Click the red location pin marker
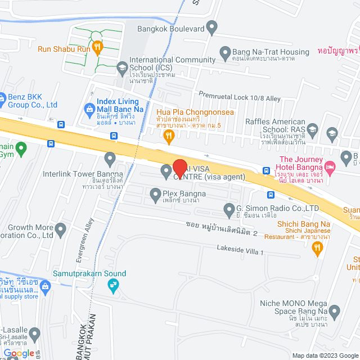click(179, 168)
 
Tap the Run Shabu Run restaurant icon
click(97, 48)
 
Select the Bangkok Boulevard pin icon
click(212, 26)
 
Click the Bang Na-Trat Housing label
click(271, 52)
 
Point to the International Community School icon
click(122, 69)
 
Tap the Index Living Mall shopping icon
click(89, 108)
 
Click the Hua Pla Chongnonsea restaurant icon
click(168, 134)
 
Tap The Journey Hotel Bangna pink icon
click(330, 166)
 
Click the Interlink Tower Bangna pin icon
click(110, 157)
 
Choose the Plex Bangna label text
click(184, 194)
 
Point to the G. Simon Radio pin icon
click(229, 211)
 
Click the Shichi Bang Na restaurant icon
click(318, 246)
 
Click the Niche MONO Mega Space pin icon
click(335, 310)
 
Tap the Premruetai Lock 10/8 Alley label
click(240, 98)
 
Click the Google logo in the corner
click(19, 353)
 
